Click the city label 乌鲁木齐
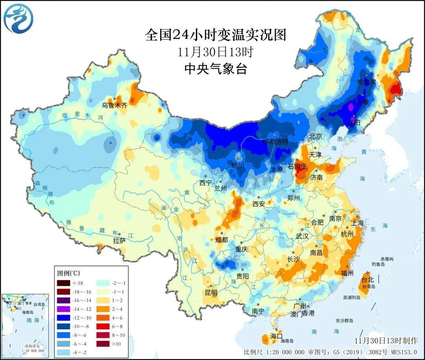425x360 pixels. pyautogui.click(x=115, y=105)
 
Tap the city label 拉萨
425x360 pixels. pyautogui.click(x=119, y=240)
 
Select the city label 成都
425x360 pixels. pyautogui.click(x=222, y=239)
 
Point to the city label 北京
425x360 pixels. pyautogui.click(x=316, y=136)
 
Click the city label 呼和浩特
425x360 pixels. pyautogui.click(x=275, y=141)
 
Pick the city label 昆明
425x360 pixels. pyautogui.click(x=211, y=292)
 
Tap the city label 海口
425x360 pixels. pyautogui.click(x=276, y=336)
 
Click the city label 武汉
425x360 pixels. pyautogui.click(x=303, y=236)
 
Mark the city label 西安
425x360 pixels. pyautogui.click(x=259, y=204)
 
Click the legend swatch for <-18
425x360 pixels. pyautogui.click(x=63, y=283)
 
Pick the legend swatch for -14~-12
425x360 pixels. pyautogui.click(x=63, y=308)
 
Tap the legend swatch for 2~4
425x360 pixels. pyautogui.click(x=103, y=309)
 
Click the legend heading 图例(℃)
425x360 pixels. pyautogui.click(x=69, y=273)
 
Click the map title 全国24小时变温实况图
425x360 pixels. pyautogui.click(x=215, y=35)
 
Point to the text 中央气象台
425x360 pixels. pyautogui.click(x=215, y=69)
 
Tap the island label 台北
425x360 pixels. pyautogui.click(x=368, y=280)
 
